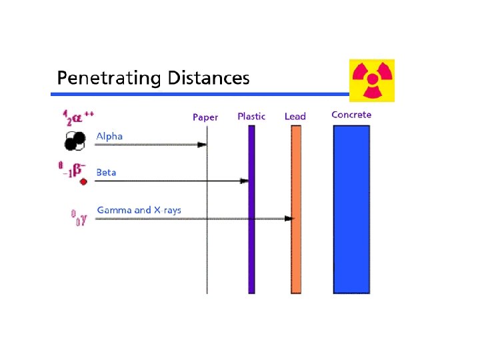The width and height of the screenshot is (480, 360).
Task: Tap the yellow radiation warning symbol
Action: [x=372, y=81]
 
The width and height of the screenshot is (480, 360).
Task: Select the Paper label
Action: [x=205, y=117]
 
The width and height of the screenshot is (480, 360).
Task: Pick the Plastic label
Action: [x=251, y=117]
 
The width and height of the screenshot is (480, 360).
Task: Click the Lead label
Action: [x=295, y=117]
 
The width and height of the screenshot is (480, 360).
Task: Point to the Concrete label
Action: [x=351, y=115]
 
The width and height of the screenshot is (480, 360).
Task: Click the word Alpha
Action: [x=109, y=136]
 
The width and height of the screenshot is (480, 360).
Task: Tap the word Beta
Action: [x=106, y=172]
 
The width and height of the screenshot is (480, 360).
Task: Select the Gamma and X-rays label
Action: [x=139, y=210]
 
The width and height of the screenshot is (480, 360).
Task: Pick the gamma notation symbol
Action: [x=79, y=217]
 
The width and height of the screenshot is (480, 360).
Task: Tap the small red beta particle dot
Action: [x=83, y=181]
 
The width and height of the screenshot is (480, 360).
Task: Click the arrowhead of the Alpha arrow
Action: [x=202, y=144]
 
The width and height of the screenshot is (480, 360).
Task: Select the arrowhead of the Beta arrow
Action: [x=244, y=181]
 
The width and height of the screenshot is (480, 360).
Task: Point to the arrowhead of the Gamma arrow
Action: [x=289, y=218]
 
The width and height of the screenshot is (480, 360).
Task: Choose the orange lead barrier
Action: [x=296, y=253]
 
